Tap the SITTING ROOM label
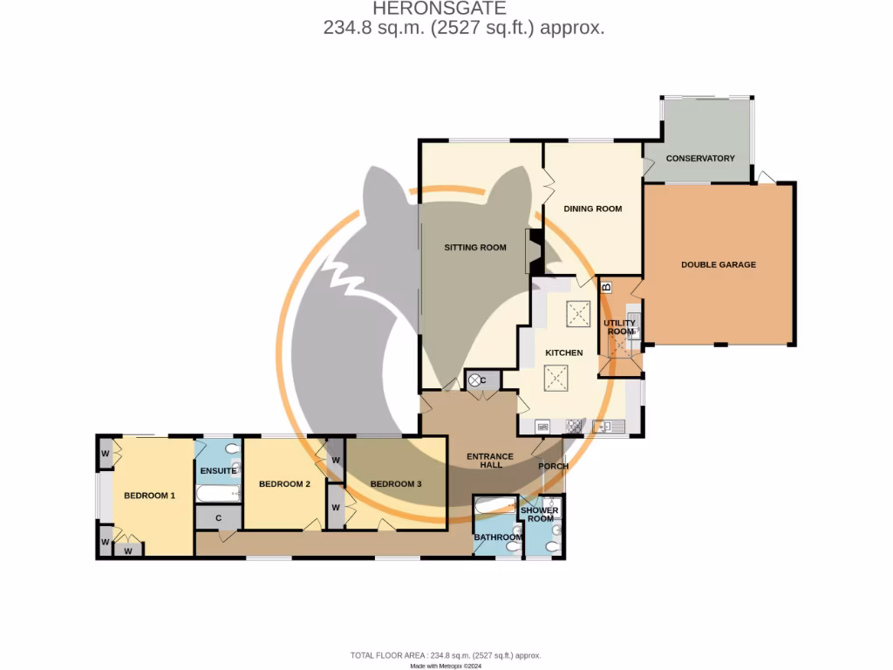[x=475, y=248]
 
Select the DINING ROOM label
[x=592, y=209]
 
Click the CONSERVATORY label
[x=699, y=159]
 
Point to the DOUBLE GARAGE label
[x=719, y=264]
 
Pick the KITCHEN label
[x=563, y=352]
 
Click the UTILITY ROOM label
[x=620, y=327]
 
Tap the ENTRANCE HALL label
[x=484, y=461]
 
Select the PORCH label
[x=553, y=466]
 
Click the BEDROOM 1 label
[x=149, y=496]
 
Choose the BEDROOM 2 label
[x=284, y=484]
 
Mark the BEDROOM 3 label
[x=396, y=484]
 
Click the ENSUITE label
[x=218, y=471]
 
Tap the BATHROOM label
[x=498, y=537]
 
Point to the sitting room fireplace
[x=533, y=251]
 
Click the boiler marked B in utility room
[x=607, y=286]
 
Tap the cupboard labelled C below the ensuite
[x=218, y=517]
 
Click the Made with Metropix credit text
[x=446, y=665]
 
